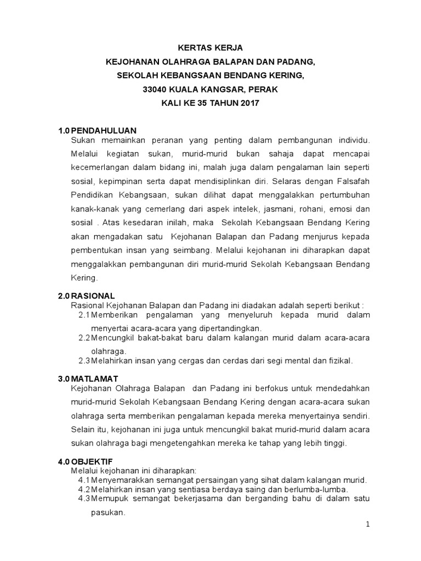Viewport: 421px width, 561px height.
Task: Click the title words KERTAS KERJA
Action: [x=211, y=48]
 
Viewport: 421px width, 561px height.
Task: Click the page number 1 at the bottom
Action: [x=369, y=524]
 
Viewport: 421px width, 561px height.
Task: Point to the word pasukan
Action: [x=107, y=513]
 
